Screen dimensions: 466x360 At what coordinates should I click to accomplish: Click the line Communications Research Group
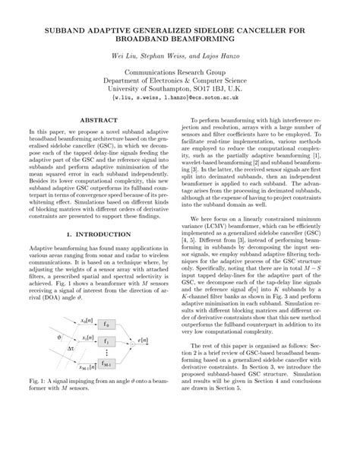(179, 67)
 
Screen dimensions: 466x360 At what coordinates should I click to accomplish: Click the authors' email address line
(179, 98)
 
